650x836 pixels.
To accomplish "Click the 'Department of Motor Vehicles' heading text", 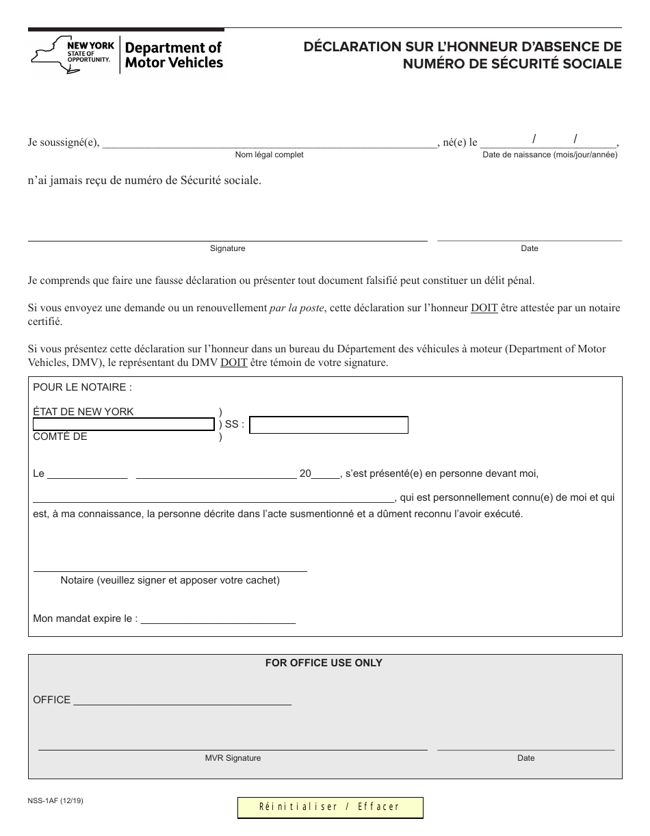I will coord(174,55).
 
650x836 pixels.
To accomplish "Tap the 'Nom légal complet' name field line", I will coord(269,144).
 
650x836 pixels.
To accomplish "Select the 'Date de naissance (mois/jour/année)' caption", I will coord(550,155).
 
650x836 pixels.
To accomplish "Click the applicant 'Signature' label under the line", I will coord(227,248).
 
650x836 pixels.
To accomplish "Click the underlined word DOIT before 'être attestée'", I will coord(484,308).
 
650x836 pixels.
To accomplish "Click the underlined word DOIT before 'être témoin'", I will coord(234,363).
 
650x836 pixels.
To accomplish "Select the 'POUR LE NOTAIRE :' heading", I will coord(82,387).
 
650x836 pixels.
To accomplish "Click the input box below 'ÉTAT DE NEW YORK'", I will coord(124,425).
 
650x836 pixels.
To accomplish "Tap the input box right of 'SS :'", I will coord(329,425).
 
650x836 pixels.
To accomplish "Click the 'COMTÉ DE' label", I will coord(60,436).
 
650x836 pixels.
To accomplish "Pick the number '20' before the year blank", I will coord(305,473).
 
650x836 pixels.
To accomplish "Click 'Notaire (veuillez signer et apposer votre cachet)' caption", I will coord(170,580).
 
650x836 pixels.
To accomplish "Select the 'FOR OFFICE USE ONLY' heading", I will coord(324,663).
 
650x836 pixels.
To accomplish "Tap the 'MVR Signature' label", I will coord(233,758).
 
